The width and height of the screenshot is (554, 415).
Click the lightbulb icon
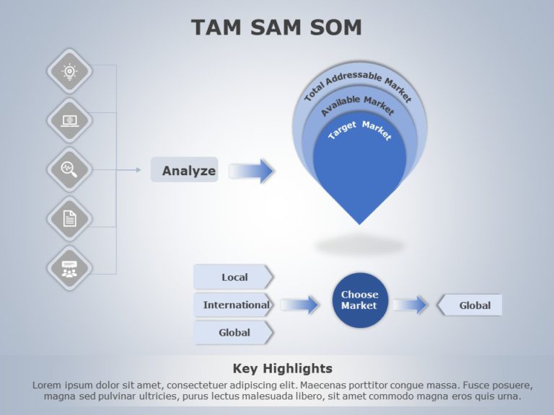coord(69,71)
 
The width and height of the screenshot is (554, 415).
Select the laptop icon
coord(69,120)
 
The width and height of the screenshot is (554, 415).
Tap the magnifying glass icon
coord(69,169)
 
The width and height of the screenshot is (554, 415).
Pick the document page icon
coord(69,218)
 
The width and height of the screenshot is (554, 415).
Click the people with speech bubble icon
coord(69,267)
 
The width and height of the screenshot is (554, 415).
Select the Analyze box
coord(185,170)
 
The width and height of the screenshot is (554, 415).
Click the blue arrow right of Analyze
coord(252,171)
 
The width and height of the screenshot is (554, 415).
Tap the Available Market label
coord(359,105)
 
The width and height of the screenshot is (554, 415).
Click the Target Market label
coord(359,129)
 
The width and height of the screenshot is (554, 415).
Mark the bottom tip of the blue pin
coord(359,222)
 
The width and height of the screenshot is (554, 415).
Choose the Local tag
coord(234,277)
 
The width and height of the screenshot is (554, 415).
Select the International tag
coord(234,305)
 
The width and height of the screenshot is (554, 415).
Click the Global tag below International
coord(234,332)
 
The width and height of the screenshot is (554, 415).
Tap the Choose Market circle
coord(359,300)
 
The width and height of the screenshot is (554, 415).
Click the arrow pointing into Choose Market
coord(300,305)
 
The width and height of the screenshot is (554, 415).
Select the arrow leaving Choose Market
coord(410,305)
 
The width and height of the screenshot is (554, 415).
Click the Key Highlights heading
coord(283,368)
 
